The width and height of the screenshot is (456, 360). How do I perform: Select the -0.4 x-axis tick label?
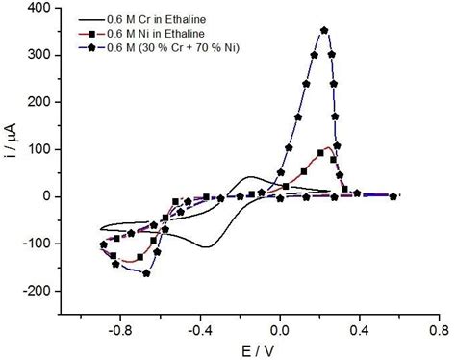200,329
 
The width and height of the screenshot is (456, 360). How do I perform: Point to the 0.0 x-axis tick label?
280,329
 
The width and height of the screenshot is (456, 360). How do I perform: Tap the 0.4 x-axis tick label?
360,329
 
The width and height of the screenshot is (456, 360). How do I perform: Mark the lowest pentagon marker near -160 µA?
146,273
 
